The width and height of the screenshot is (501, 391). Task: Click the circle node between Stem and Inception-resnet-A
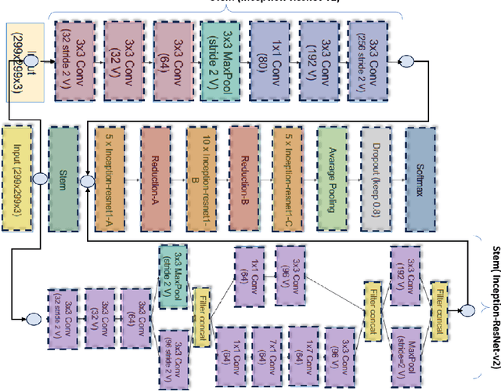click(x=87, y=180)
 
